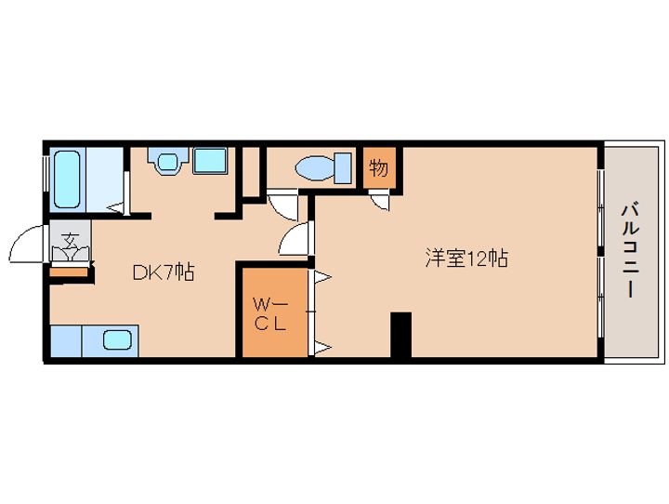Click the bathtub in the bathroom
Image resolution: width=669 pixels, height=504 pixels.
click(69, 178)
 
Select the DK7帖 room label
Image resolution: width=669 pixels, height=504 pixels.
click(163, 272)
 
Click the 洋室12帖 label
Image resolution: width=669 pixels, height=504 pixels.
click(466, 259)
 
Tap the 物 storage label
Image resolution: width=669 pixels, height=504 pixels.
click(378, 168)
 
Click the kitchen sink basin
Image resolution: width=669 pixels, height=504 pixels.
click(117, 339)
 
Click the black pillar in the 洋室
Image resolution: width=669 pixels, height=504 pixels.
click(400, 335)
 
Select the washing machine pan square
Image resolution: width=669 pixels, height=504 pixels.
click(209, 161)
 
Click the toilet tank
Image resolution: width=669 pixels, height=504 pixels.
click(344, 167)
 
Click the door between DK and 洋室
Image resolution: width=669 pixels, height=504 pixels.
click(295, 240)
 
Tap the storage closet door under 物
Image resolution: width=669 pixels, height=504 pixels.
click(381, 197)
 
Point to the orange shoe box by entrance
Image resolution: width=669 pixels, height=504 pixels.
click(69, 272)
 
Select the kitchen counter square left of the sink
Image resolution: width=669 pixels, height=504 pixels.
click(65, 340)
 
